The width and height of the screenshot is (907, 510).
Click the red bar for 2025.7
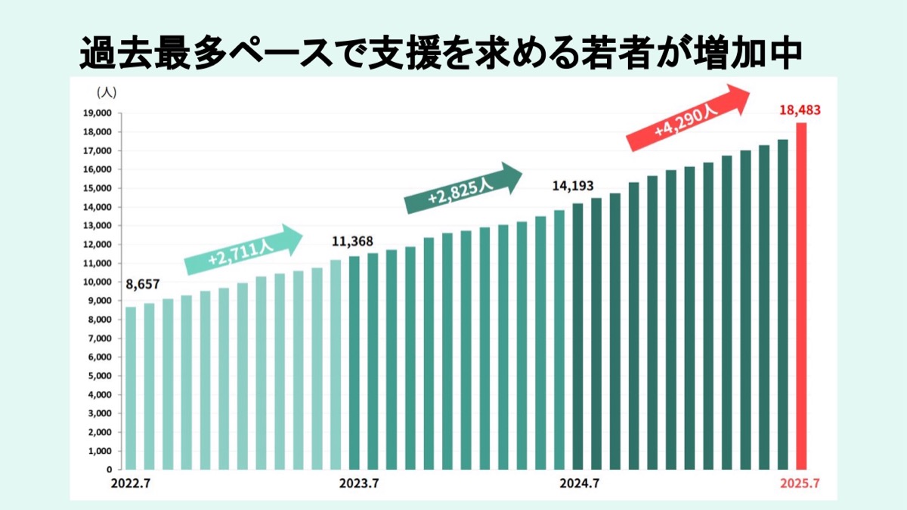point(801,296)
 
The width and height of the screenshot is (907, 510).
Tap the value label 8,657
point(143,285)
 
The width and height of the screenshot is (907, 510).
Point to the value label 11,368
point(353,242)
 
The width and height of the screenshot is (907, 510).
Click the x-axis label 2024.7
point(580,484)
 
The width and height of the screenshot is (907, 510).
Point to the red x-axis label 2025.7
point(800,484)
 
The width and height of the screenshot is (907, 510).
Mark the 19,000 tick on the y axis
point(98,113)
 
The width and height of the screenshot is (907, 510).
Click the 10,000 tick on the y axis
point(98,282)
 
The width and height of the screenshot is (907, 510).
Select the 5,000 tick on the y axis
point(100,376)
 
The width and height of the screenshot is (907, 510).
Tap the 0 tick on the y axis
point(109,469)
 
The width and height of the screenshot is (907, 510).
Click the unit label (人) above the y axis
point(106,92)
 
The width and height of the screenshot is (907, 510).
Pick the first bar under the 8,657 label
point(131,388)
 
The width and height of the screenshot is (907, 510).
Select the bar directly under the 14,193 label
point(577,336)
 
